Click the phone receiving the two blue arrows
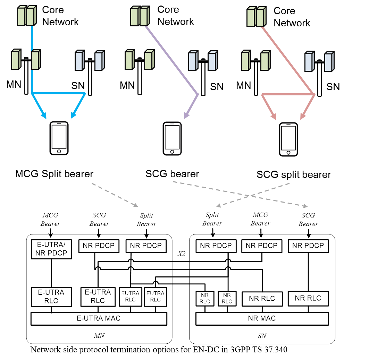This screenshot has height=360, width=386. (59, 138)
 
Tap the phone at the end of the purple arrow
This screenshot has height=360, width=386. (172, 138)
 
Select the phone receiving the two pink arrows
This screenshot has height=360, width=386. (288, 139)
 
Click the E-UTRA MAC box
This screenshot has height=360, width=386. (99, 318)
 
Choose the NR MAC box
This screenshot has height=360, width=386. (262, 318)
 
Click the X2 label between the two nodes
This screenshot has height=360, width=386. (181, 254)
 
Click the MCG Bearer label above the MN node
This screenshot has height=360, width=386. (51, 220)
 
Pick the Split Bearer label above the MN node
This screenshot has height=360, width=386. (146, 220)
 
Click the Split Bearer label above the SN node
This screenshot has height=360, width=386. (212, 220)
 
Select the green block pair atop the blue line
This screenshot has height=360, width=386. (26, 16)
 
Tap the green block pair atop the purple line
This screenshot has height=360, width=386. (140, 16)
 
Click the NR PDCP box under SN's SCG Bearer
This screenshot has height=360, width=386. (308, 246)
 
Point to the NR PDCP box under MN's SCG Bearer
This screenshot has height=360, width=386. (99, 246)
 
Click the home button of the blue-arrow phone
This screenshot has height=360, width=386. (59, 151)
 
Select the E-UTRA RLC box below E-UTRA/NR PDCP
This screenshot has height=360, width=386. (51, 297)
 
